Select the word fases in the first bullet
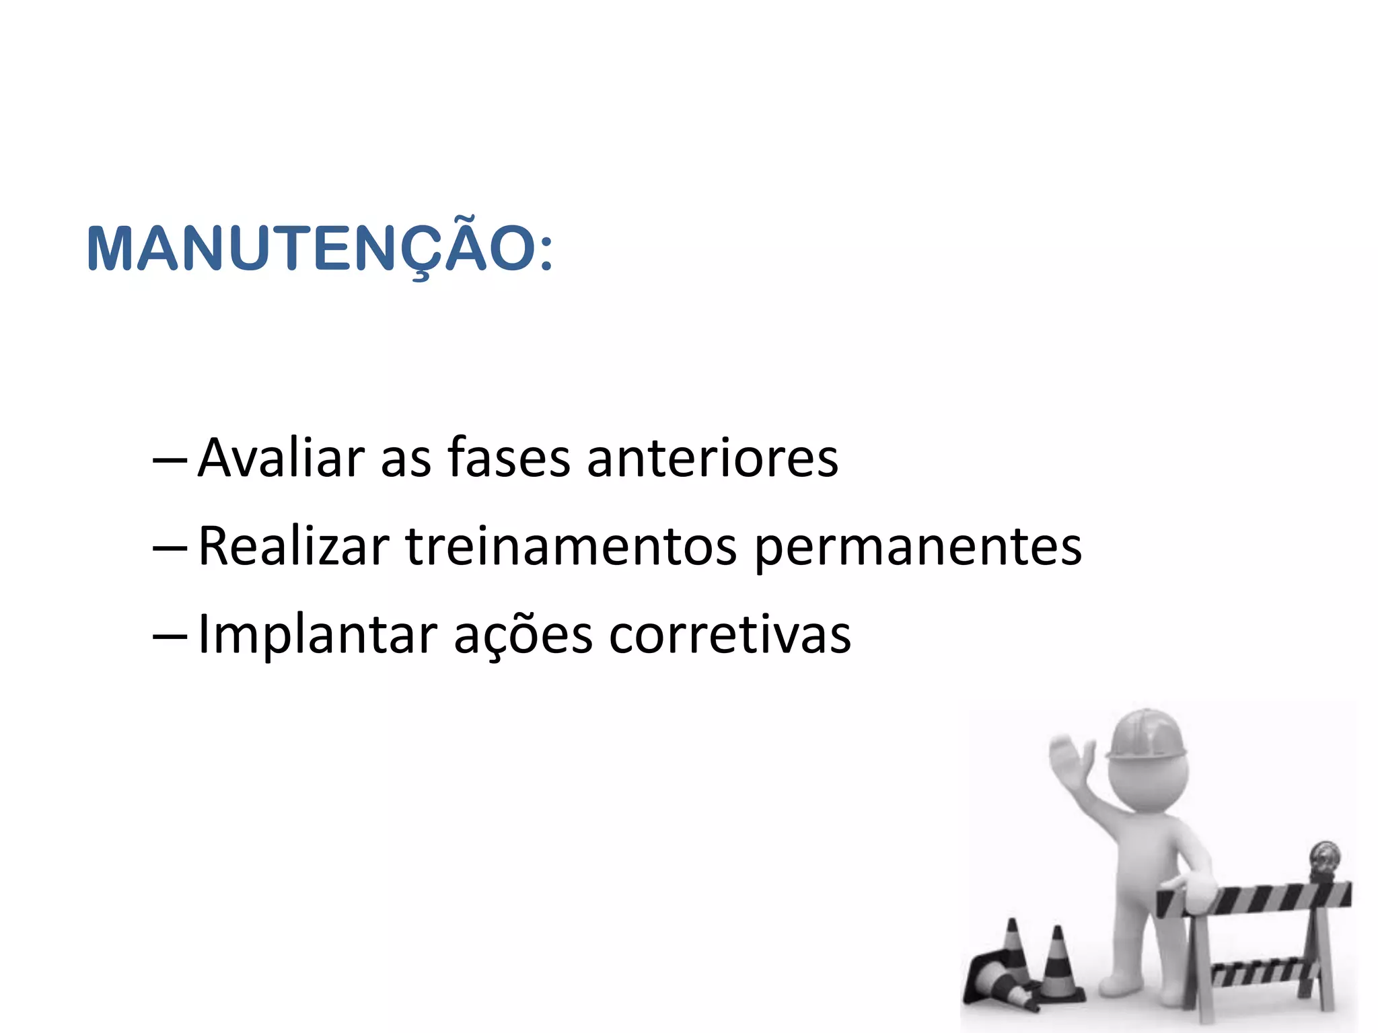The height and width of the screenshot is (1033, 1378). pyautogui.click(x=509, y=458)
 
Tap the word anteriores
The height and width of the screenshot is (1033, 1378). pyautogui.click(x=713, y=458)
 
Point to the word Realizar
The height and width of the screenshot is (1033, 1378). pyautogui.click(x=294, y=546)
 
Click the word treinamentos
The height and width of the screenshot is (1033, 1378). pyautogui.click(x=571, y=546)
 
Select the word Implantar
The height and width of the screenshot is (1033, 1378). pyautogui.click(x=318, y=635)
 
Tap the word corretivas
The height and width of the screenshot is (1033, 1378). pyautogui.click(x=730, y=635)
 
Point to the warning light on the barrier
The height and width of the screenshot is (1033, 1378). pyautogui.click(x=1324, y=860)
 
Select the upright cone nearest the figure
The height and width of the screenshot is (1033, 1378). pyautogui.click(x=1059, y=968)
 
